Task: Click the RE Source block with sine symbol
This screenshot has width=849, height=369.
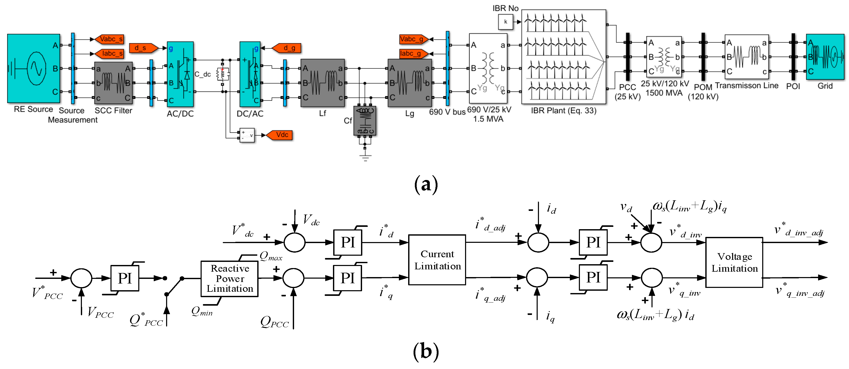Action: tap(34, 68)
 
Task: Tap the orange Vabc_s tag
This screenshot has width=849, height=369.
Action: tap(110, 39)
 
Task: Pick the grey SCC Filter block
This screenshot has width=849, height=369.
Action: tap(113, 83)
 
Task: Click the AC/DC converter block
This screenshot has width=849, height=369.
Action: tap(180, 74)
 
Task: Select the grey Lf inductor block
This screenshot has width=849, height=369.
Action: tap(322, 83)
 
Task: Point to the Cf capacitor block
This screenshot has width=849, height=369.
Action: tap(365, 121)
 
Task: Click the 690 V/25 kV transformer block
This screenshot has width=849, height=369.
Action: tap(488, 68)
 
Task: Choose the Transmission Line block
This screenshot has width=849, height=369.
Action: tap(747, 57)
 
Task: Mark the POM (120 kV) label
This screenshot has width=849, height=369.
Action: tap(703, 92)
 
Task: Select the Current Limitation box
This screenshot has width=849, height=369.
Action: tap(437, 260)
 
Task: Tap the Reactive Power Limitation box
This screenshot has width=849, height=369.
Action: tap(229, 279)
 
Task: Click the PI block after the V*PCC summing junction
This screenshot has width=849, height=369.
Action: tap(125, 278)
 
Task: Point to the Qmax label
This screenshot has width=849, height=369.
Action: tap(271, 256)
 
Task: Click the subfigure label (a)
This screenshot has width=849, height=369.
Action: tap(426, 184)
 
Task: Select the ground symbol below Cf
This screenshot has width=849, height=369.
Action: tap(365, 157)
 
